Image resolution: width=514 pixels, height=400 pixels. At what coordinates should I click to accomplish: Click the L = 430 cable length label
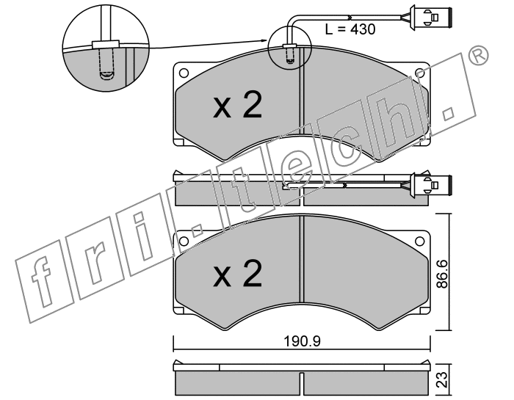(x=350, y=29)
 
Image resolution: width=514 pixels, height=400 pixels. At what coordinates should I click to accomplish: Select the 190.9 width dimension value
(x=302, y=342)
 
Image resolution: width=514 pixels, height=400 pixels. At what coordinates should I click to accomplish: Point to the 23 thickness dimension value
(x=443, y=379)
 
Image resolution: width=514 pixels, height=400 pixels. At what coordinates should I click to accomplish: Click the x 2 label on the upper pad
(x=238, y=105)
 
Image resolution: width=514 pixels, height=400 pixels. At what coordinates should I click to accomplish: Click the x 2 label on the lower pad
(x=238, y=274)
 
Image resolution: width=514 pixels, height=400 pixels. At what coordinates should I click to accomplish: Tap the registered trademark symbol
(x=478, y=56)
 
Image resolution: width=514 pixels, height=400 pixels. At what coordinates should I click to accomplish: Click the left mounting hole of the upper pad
(x=184, y=73)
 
